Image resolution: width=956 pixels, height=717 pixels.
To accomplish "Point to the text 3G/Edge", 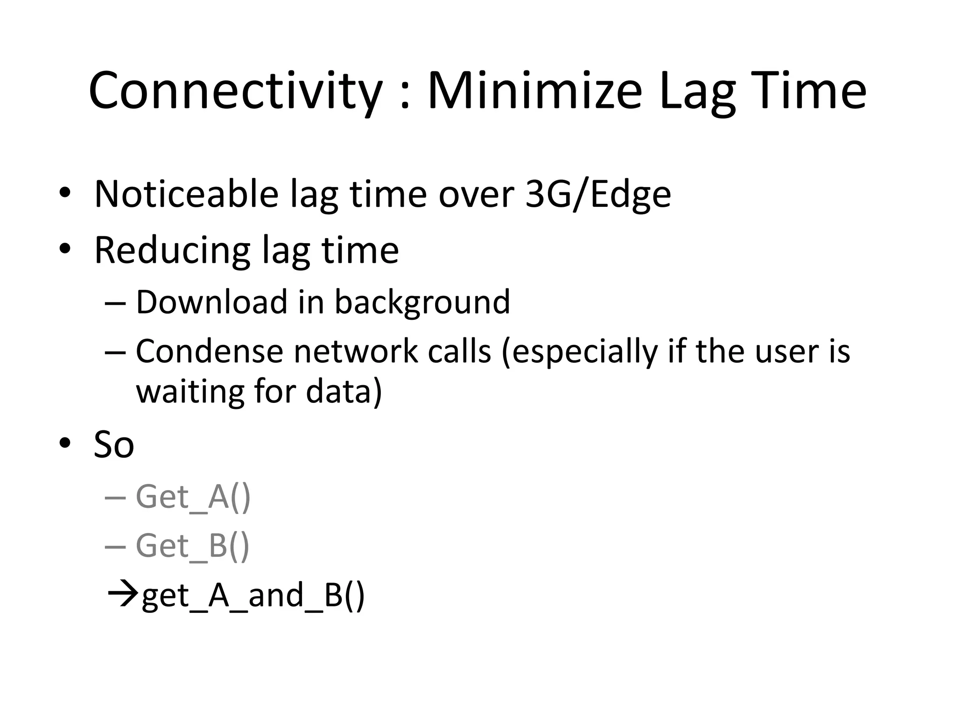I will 598,195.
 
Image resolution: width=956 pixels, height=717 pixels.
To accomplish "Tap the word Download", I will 211,302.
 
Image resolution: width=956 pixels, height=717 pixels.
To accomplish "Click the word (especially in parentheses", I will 579,352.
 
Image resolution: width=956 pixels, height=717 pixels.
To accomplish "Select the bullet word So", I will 114,444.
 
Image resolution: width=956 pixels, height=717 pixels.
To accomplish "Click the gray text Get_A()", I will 193,497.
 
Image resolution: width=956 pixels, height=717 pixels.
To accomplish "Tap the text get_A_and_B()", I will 253,596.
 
